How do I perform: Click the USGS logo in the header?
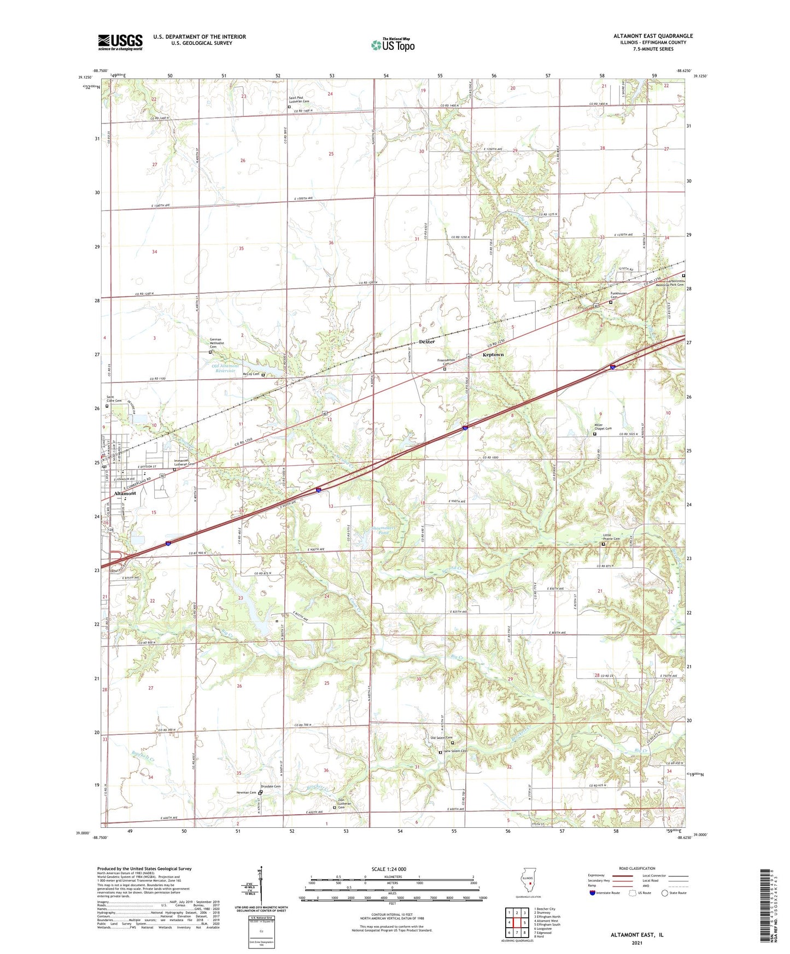click(x=120, y=42)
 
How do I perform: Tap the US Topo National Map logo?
click(x=393, y=44)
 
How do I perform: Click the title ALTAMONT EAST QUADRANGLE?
click(x=653, y=36)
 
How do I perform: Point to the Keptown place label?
click(x=493, y=355)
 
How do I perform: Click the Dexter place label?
click(x=426, y=341)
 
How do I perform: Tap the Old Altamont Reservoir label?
click(x=225, y=368)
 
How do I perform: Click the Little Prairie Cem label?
click(x=612, y=538)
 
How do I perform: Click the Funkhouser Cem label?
click(x=618, y=295)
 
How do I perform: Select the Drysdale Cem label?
click(x=270, y=787)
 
